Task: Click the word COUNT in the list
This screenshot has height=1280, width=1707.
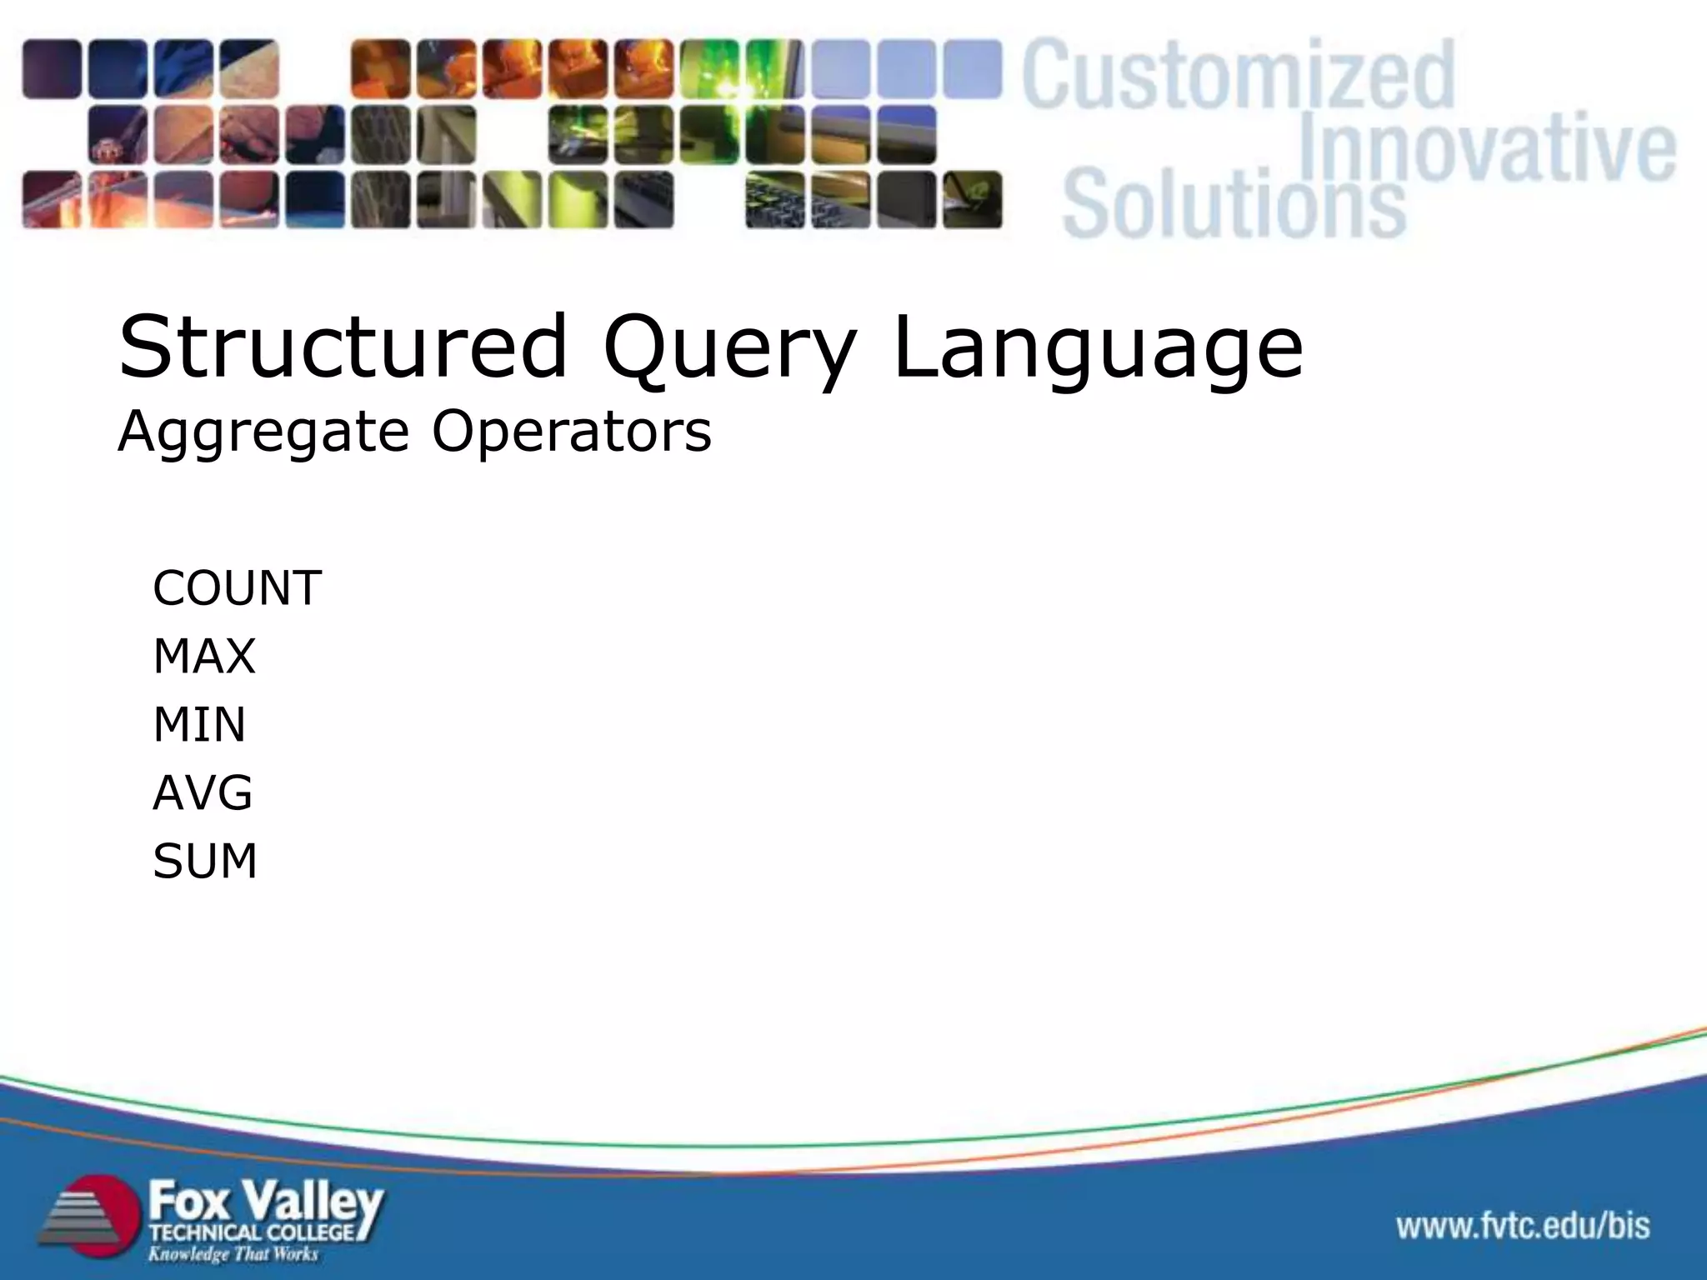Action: [x=237, y=588]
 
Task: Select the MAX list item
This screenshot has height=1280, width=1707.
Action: [x=204, y=657]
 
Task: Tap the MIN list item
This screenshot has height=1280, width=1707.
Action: [x=199, y=724]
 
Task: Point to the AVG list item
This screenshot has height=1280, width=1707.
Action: [x=203, y=792]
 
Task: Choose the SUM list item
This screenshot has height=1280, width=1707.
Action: [x=205, y=861]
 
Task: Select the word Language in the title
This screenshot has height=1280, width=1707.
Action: [x=1097, y=350]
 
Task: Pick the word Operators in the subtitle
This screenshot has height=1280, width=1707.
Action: [x=571, y=433]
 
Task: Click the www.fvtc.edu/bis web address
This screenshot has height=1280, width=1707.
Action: [x=1523, y=1226]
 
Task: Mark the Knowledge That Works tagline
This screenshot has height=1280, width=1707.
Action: [x=233, y=1254]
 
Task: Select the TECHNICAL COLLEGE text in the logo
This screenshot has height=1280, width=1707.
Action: [x=253, y=1232]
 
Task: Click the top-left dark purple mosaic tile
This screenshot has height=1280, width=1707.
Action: [x=52, y=69]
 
